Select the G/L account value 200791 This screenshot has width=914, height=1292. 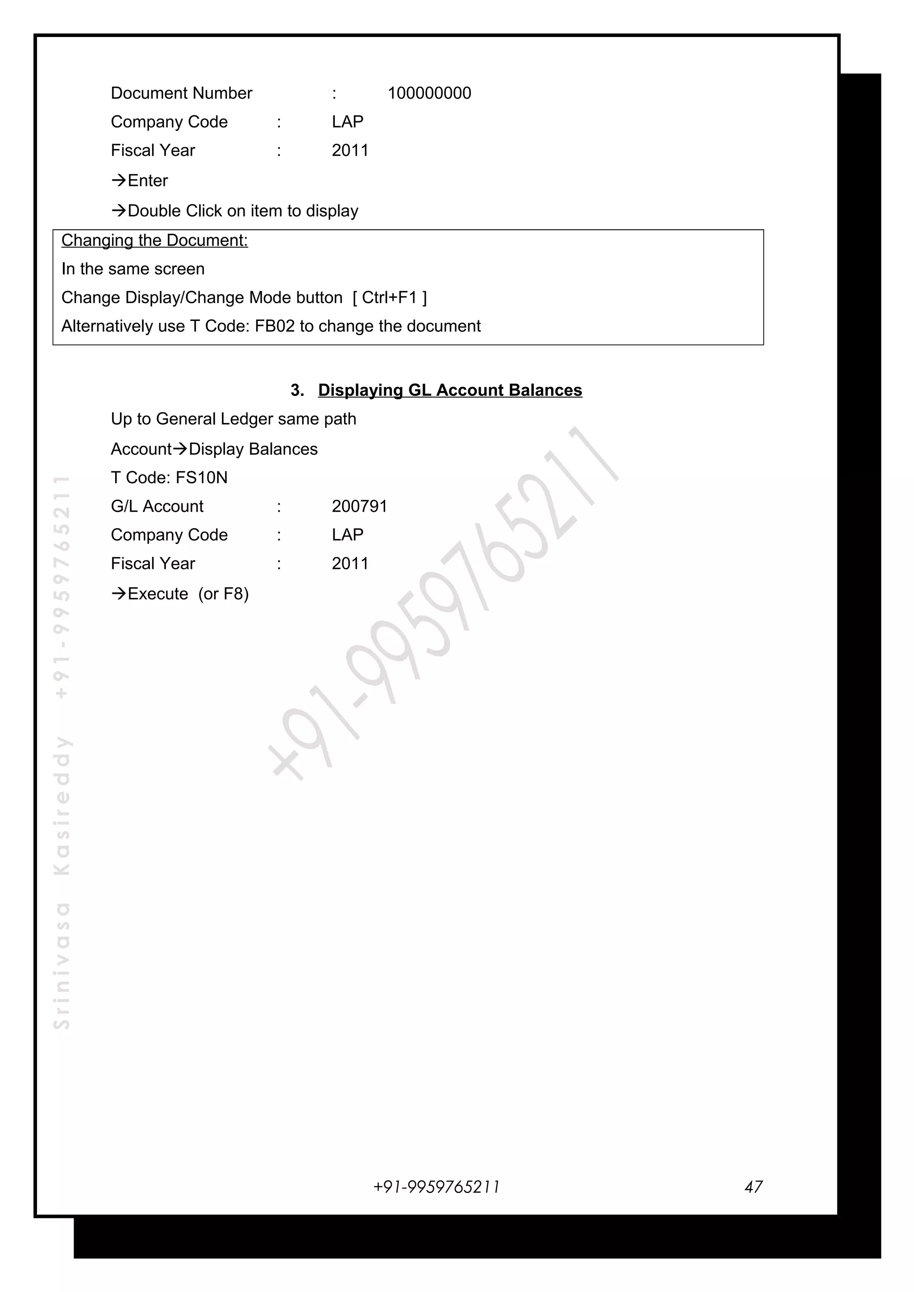click(359, 506)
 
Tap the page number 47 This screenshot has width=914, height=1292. click(753, 1187)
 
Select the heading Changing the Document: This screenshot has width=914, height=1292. click(154, 240)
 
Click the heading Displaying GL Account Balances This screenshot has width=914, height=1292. click(450, 390)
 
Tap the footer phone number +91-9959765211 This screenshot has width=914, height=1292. click(436, 1187)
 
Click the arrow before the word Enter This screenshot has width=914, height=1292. click(119, 180)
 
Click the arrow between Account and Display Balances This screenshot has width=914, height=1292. click(180, 448)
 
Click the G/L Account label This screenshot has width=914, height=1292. click(157, 506)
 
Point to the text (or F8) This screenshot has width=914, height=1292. click(224, 594)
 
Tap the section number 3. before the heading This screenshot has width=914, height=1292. click(297, 390)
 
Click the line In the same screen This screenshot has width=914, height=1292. click(133, 269)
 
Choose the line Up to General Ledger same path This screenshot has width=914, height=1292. click(233, 419)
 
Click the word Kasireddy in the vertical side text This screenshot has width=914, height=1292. click(62, 805)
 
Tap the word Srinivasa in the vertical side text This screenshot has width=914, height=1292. click(62, 966)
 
